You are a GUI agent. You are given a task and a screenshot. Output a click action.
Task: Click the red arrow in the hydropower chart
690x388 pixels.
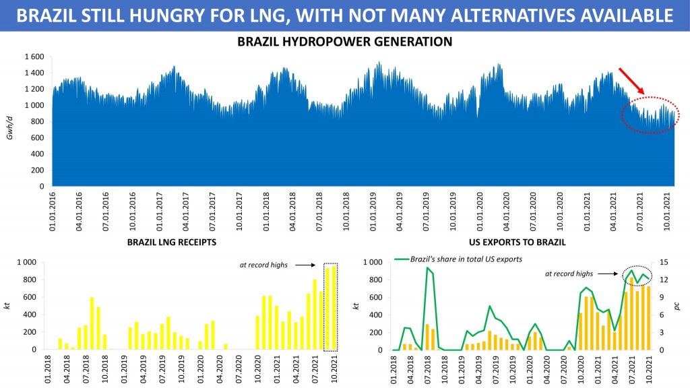click(x=632, y=81)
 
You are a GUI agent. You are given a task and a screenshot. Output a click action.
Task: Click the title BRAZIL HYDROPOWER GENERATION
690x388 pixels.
click(x=344, y=42)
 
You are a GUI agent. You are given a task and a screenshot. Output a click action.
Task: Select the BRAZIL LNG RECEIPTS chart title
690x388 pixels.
click(x=171, y=240)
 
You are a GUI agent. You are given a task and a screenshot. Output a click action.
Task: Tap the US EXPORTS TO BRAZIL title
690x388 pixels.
click(x=517, y=240)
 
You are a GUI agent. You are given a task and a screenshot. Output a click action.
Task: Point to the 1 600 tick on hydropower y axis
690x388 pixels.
click(x=34, y=57)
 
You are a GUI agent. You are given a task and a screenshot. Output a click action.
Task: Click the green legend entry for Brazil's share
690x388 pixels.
click(x=458, y=259)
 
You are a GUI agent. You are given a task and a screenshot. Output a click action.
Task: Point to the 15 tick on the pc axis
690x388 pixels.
click(x=664, y=262)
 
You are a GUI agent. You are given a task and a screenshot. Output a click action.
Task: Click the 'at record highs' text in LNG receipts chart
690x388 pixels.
click(x=263, y=265)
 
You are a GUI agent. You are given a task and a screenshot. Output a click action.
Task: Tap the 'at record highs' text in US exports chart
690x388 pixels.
click(x=569, y=273)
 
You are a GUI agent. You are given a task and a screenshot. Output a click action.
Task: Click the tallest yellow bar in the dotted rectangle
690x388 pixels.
click(x=334, y=308)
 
